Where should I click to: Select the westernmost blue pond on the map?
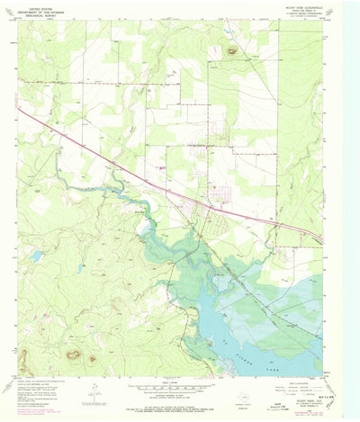tap(35, 256)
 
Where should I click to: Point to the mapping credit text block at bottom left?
tap(45, 391)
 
